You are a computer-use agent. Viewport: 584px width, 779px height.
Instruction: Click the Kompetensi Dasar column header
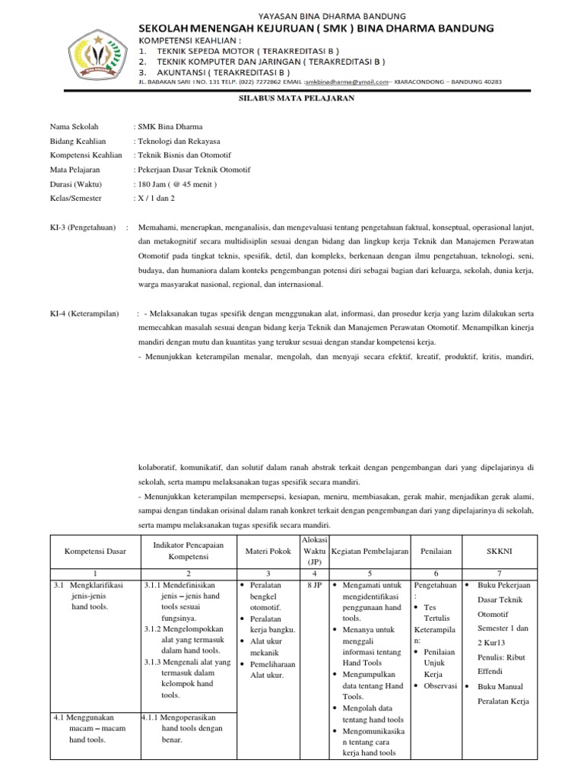(95, 550)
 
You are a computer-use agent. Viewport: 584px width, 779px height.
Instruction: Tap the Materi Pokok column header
(269, 550)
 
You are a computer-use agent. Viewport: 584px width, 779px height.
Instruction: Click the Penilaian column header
(436, 550)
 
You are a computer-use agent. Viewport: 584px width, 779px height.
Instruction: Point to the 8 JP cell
(314, 586)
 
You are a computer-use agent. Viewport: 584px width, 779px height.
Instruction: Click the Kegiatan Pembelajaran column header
(370, 550)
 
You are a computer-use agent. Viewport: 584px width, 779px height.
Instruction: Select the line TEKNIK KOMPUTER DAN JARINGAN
(271, 61)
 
